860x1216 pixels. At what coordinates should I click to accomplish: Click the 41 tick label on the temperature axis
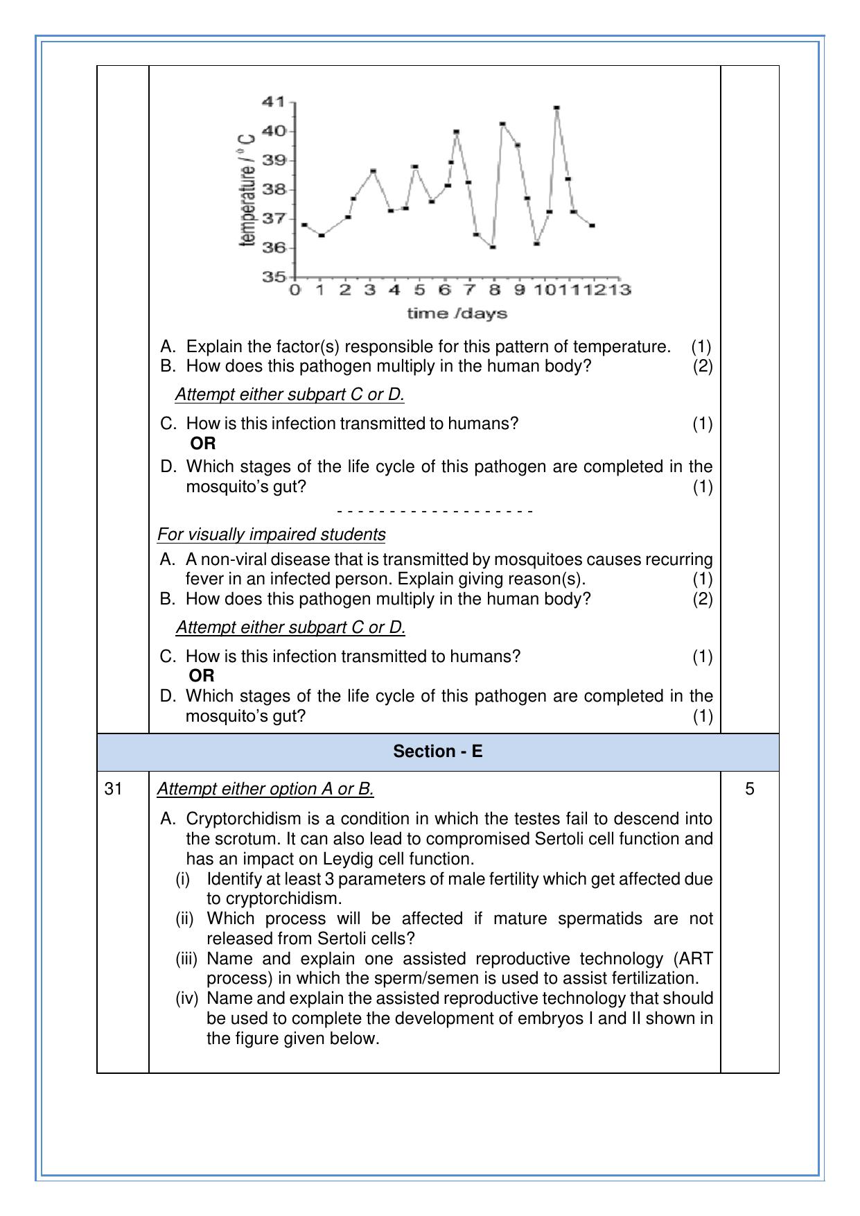coord(273,102)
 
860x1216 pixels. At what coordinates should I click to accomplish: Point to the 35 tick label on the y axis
coord(273,277)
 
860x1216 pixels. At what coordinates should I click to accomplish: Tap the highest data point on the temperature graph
coord(556,108)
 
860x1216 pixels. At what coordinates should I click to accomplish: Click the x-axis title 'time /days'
coord(457,313)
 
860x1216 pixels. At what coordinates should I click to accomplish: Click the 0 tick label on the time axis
coord(295,290)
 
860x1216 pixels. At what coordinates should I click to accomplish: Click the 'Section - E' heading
coord(437,752)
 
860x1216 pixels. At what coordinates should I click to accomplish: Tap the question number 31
coord(114,789)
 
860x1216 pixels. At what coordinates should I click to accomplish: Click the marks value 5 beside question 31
coord(749,789)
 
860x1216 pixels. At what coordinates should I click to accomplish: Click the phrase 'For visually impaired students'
coord(271,535)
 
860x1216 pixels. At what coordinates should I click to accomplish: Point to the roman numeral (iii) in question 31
coord(186,959)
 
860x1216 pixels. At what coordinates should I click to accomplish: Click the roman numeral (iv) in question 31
coord(186,998)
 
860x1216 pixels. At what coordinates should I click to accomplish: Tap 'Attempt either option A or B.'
coord(265,789)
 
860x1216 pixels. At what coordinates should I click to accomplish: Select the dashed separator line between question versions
coord(435,512)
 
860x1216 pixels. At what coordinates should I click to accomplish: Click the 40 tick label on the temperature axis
coord(273,131)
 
